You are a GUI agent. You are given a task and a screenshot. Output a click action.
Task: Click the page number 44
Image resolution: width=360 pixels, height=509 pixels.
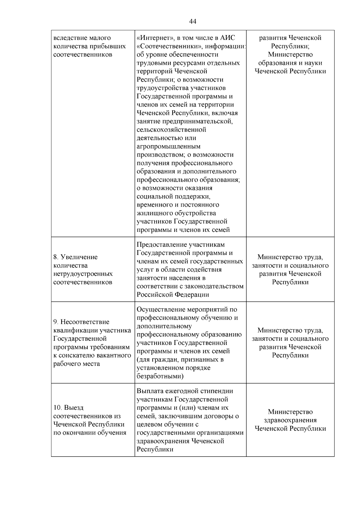(x=193, y=21)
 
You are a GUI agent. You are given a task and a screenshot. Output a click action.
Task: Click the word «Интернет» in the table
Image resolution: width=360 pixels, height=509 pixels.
(x=154, y=38)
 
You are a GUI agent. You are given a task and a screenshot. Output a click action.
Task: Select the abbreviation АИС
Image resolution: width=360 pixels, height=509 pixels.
(x=228, y=38)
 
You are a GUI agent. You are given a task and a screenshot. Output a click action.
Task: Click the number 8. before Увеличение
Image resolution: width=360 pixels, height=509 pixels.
(x=56, y=257)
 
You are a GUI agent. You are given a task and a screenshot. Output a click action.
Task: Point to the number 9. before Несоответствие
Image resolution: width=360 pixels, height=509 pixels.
(x=56, y=322)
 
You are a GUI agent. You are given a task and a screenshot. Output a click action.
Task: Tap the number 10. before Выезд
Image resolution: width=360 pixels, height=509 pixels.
(x=58, y=408)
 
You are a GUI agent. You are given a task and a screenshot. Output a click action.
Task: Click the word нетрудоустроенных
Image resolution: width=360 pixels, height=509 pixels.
(x=83, y=274)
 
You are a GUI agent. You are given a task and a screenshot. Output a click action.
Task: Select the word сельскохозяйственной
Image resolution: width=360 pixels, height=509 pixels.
(x=171, y=130)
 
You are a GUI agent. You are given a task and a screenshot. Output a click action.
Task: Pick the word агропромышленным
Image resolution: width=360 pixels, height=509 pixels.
(x=169, y=147)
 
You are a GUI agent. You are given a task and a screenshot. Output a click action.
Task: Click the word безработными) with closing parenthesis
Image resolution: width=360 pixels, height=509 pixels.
(x=160, y=376)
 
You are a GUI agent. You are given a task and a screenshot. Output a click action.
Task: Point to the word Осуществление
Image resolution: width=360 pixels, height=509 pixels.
(x=161, y=310)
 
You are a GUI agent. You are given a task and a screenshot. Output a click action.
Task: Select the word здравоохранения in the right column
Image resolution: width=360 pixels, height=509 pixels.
(x=290, y=420)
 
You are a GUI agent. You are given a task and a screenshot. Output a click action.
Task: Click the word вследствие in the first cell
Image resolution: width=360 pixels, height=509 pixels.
(x=70, y=38)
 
